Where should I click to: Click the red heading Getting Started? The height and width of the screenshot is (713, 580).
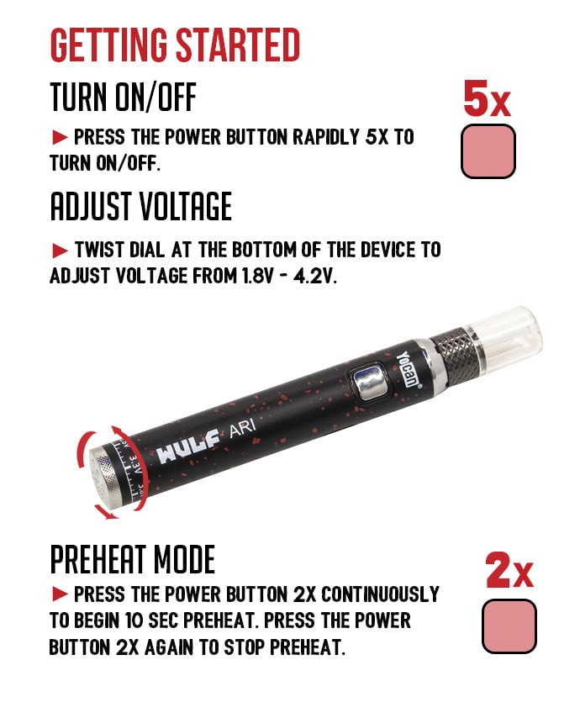pyautogui.click(x=175, y=45)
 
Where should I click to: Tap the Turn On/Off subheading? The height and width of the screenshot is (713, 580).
pyautogui.click(x=124, y=97)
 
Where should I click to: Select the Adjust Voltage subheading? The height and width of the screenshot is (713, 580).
pyautogui.click(x=141, y=206)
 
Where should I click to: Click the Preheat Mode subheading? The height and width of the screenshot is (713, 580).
pyautogui.click(x=132, y=559)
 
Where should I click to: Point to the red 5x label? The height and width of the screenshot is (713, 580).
pyautogui.click(x=487, y=98)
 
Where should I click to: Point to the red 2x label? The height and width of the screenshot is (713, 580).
pyautogui.click(x=509, y=570)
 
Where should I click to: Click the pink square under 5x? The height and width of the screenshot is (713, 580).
pyautogui.click(x=488, y=151)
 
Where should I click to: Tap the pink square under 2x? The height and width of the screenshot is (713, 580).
pyautogui.click(x=509, y=626)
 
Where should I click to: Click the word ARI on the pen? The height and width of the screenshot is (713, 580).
pyautogui.click(x=242, y=428)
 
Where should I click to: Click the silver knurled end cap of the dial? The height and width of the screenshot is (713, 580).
pyautogui.click(x=105, y=477)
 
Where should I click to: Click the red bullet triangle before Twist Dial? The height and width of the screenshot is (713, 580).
pyautogui.click(x=60, y=251)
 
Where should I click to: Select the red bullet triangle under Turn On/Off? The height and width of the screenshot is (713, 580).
pyautogui.click(x=60, y=137)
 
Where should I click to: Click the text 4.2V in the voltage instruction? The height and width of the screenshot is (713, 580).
pyautogui.click(x=315, y=277)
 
